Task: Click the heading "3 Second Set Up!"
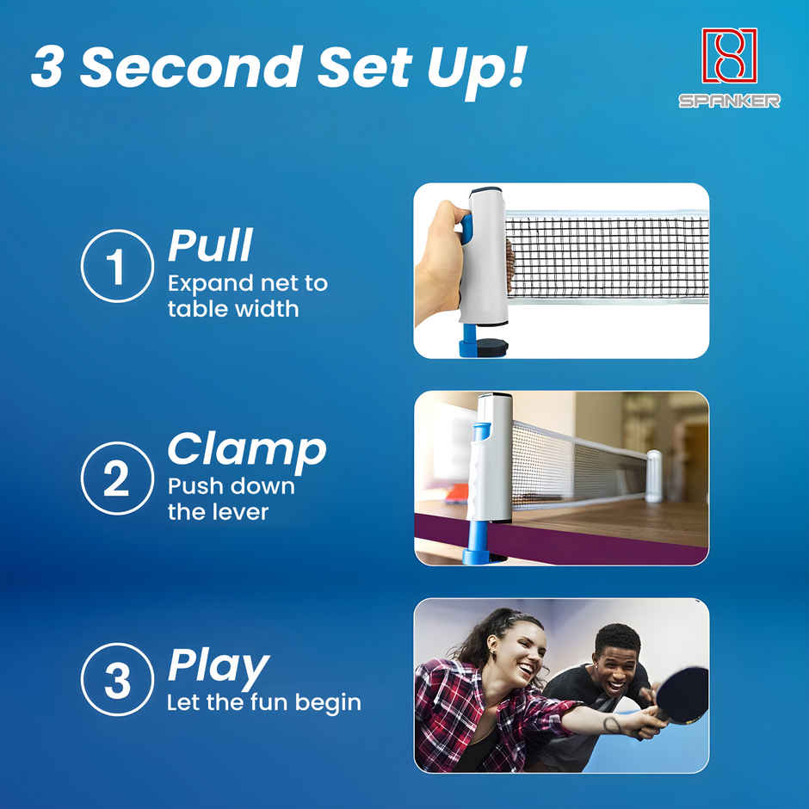[277, 68]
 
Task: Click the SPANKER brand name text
[729, 101]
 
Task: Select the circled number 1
[116, 267]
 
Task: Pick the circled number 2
[116, 479]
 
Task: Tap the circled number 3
[116, 680]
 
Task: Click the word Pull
[210, 246]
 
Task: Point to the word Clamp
[247, 449]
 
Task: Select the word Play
[218, 664]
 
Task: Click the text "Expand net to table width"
[247, 296]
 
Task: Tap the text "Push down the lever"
[231, 499]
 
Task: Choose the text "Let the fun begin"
[263, 703]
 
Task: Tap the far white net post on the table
[654, 475]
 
